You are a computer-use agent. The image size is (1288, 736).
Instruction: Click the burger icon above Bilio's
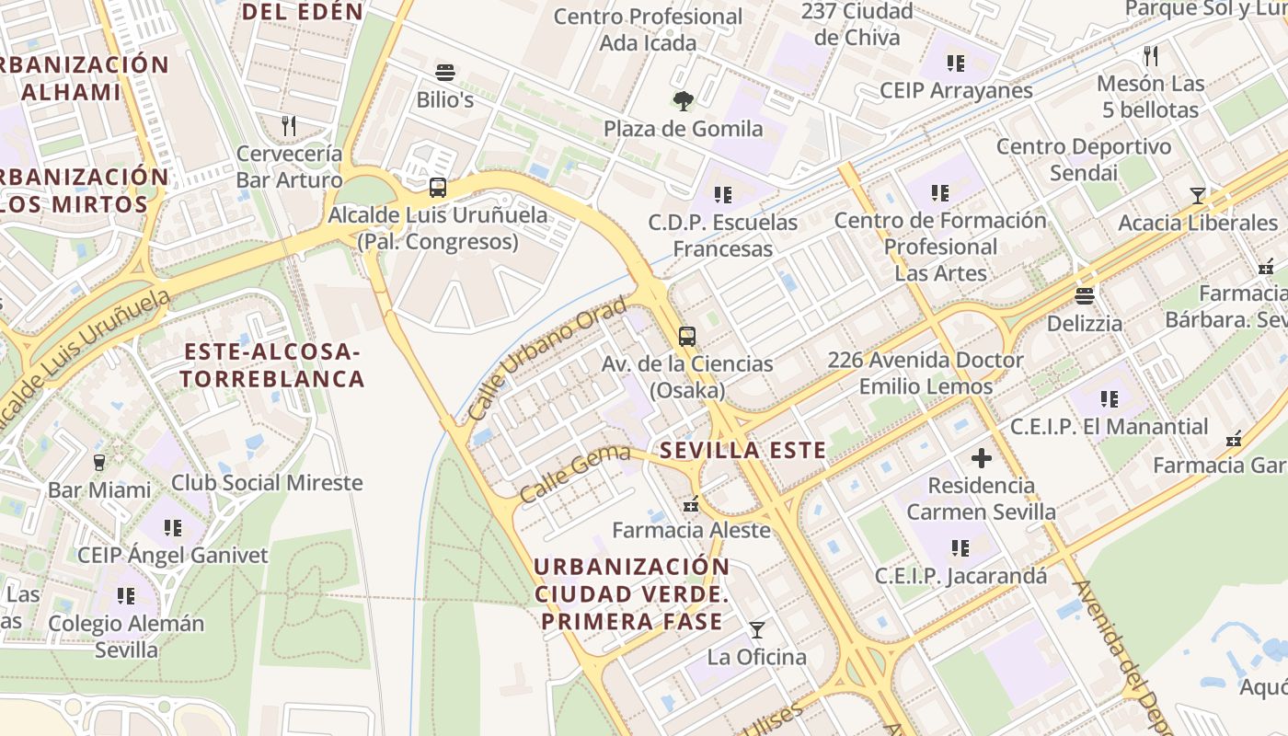[x=445, y=73]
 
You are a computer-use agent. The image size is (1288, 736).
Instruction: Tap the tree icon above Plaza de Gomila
[x=683, y=101]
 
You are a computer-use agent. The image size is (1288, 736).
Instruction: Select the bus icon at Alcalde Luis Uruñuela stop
[x=438, y=188]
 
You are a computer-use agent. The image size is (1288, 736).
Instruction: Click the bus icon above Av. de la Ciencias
[x=687, y=337]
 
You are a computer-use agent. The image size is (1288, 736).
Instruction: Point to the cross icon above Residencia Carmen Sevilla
[x=982, y=457]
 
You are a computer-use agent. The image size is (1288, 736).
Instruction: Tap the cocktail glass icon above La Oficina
[x=756, y=630]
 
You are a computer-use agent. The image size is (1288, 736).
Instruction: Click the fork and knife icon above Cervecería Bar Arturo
[x=289, y=126]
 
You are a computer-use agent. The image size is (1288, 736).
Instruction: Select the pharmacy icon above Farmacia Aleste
[x=691, y=503]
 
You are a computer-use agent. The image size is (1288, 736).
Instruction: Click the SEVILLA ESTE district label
[x=742, y=451]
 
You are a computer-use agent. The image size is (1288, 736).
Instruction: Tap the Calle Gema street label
[x=575, y=473]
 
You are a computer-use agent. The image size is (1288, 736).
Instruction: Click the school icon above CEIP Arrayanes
[x=956, y=63]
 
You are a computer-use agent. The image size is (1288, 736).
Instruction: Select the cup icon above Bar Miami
[x=99, y=462]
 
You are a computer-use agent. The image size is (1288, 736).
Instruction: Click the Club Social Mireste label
[x=267, y=483]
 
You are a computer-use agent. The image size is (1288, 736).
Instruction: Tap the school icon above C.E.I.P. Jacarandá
[x=960, y=548]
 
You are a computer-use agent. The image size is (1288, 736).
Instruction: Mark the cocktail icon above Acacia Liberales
[x=1197, y=195]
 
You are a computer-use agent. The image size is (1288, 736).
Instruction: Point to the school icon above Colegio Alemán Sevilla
[x=126, y=596]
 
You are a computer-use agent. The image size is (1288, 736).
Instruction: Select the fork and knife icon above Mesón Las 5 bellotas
[x=1150, y=55]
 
